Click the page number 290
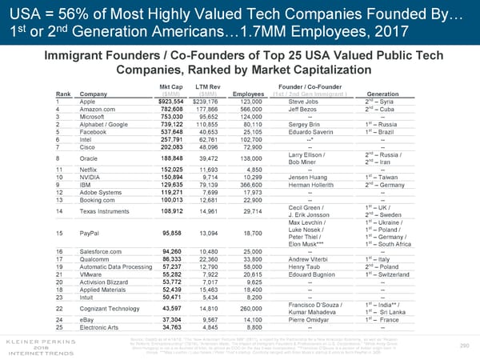[460, 346]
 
